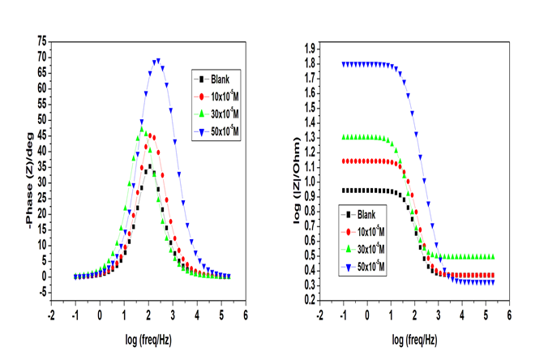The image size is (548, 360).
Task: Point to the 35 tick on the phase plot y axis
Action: click(39, 167)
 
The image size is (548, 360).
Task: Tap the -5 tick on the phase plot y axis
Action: click(39, 292)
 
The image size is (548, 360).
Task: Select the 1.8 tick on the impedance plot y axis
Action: click(308, 64)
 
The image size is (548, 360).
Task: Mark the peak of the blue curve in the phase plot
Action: click(156, 60)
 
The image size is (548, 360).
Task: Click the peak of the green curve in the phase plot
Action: click(142, 128)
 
